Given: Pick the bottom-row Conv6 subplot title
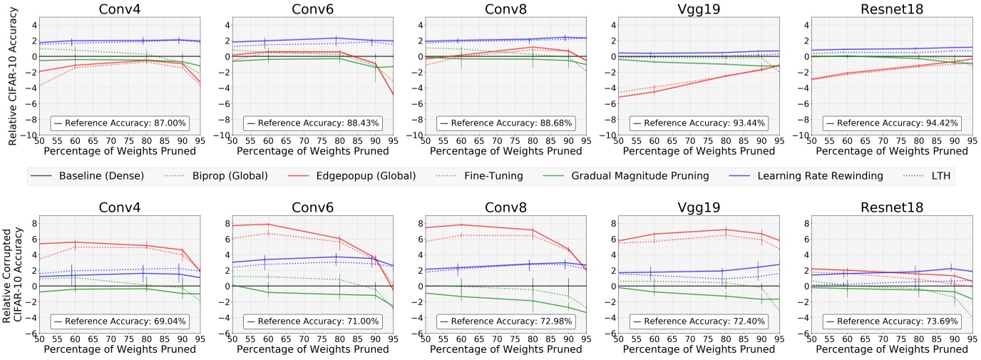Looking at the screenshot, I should click(x=312, y=207).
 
